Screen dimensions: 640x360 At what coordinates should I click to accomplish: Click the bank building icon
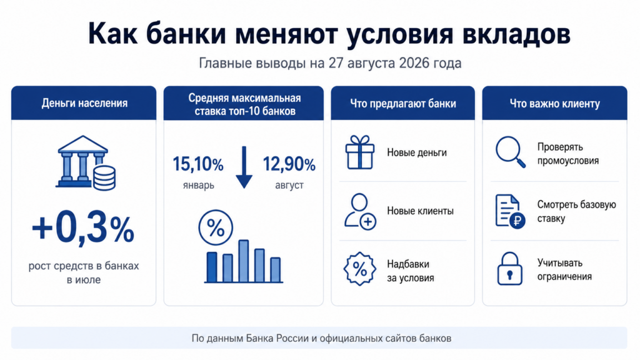(85, 162)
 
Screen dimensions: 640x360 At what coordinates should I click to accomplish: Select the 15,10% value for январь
(198, 164)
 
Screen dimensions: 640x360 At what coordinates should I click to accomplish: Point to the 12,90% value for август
(289, 164)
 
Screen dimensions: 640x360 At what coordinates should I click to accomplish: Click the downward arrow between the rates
(244, 167)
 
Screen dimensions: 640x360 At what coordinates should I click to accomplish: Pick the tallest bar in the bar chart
(244, 261)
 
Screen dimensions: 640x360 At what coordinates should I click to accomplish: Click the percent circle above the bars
(216, 227)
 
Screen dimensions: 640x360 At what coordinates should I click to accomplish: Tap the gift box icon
(359, 152)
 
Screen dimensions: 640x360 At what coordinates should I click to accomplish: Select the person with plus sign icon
(359, 211)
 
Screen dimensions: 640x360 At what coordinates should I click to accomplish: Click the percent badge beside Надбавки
(359, 269)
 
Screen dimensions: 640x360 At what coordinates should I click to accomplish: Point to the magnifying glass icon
(510, 152)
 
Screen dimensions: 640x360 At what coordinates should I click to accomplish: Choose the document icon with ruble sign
(510, 211)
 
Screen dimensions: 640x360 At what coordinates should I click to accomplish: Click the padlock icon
(509, 269)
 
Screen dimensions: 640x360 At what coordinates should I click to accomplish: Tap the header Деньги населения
(84, 103)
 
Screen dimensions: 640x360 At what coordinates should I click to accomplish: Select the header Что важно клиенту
(555, 104)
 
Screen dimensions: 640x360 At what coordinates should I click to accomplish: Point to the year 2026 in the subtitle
(414, 63)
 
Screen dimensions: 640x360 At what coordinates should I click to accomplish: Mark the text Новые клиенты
(420, 211)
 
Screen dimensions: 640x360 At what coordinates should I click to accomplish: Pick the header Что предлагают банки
(403, 104)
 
